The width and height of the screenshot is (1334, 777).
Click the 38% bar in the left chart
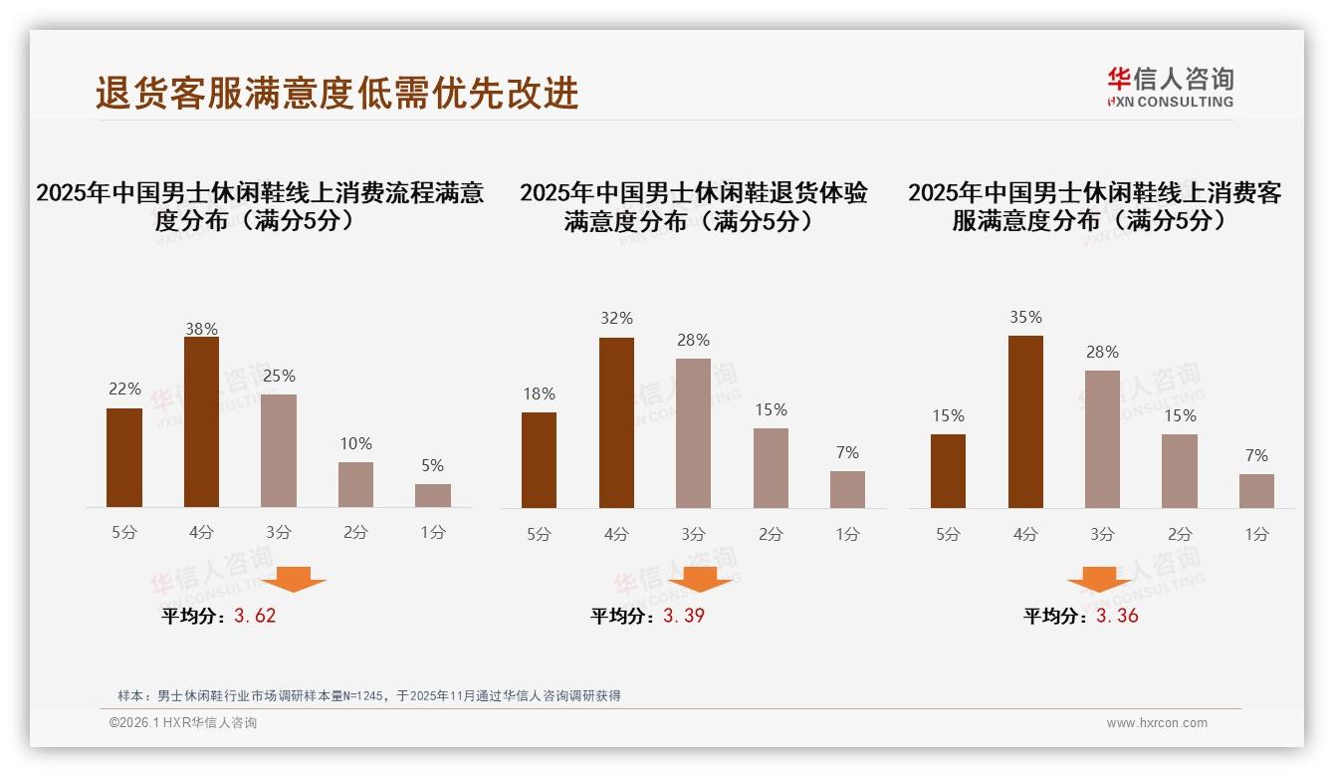tap(201, 422)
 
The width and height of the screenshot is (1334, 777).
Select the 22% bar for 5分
tap(124, 457)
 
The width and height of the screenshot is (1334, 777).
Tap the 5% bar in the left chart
tap(433, 495)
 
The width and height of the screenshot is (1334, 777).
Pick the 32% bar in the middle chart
tap(616, 422)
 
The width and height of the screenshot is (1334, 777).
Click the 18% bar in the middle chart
tap(539, 459)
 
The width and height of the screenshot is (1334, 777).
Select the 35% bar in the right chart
tap(1025, 421)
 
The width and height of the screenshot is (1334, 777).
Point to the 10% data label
tap(355, 444)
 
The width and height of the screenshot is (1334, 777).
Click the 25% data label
tap(279, 377)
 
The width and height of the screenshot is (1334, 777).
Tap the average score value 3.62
tap(255, 616)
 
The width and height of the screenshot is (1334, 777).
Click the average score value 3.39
tap(684, 616)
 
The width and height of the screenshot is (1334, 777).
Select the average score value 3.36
tap(1117, 616)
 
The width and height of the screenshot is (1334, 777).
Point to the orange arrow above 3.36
tap(1099, 579)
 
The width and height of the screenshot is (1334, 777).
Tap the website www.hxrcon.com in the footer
tap(1157, 723)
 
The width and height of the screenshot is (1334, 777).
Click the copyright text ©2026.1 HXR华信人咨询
tap(183, 723)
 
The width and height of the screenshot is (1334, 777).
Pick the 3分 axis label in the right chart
tap(1102, 534)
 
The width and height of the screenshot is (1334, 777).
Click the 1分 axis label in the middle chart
tap(847, 534)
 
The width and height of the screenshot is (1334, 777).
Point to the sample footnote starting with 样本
tap(369, 695)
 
